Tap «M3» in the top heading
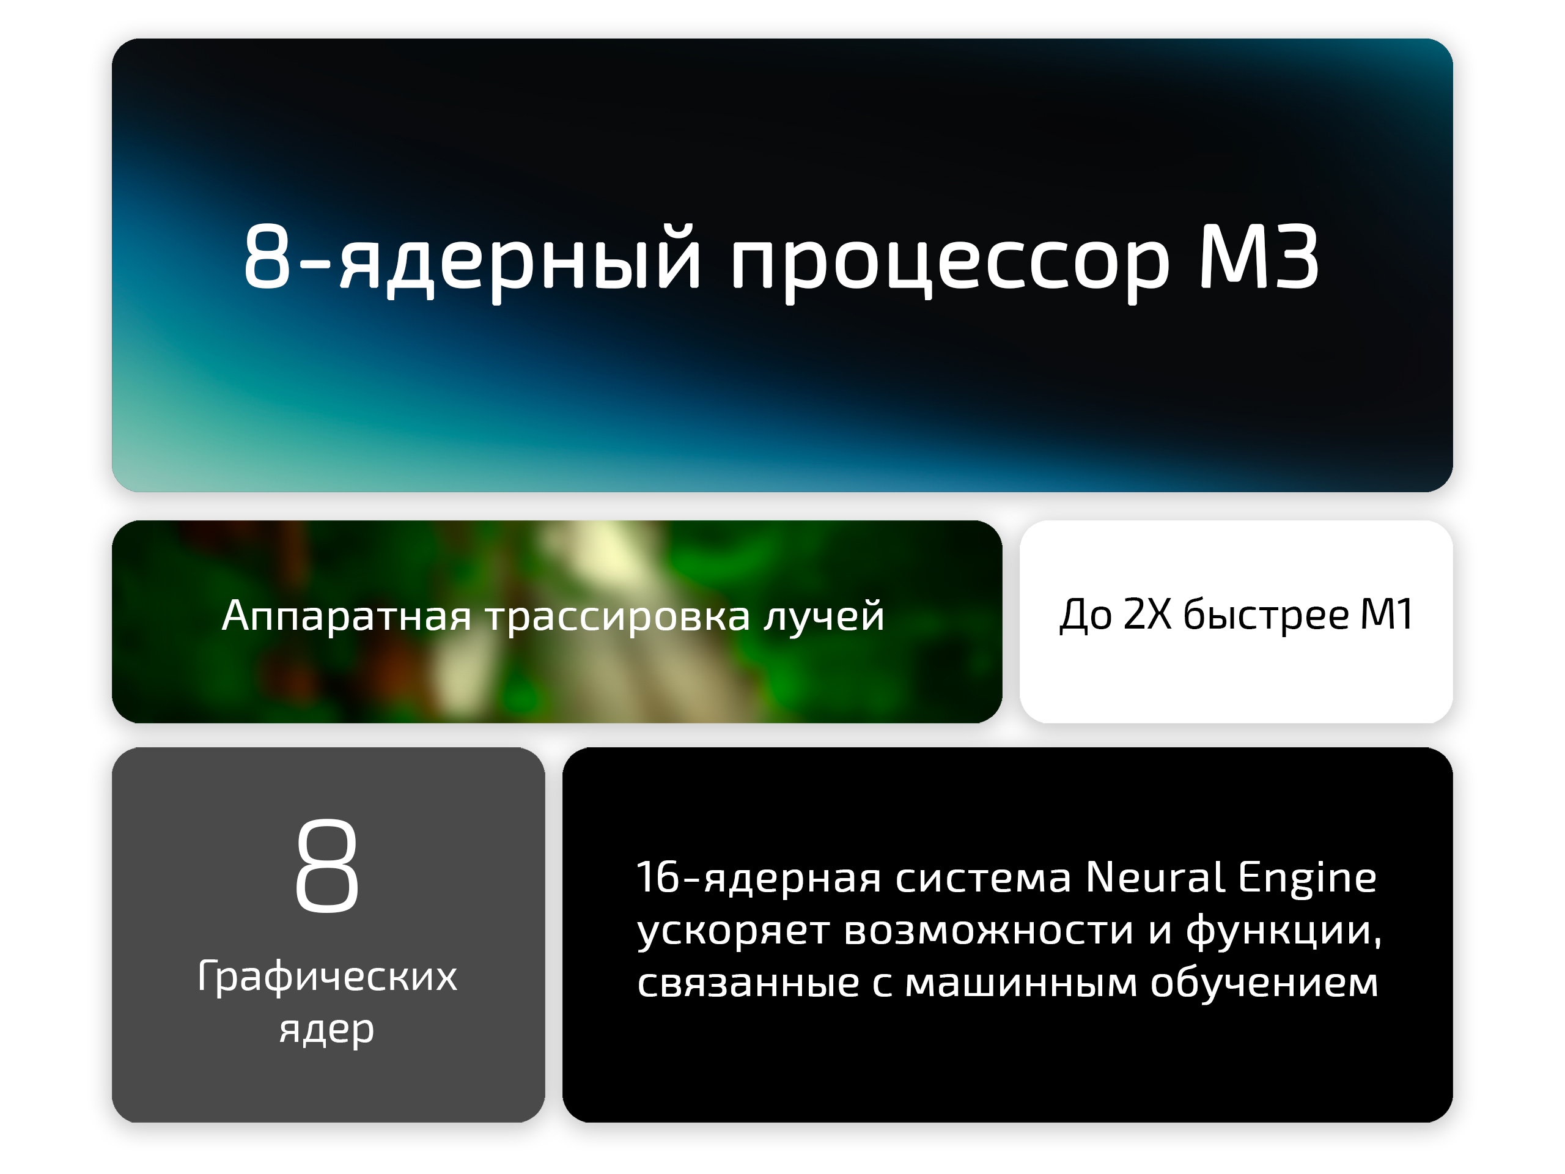(x=1259, y=256)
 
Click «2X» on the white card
(x=1147, y=613)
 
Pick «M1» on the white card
(x=1386, y=613)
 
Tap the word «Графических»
(x=328, y=977)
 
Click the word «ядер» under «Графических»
(x=327, y=1030)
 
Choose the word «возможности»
(x=989, y=930)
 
